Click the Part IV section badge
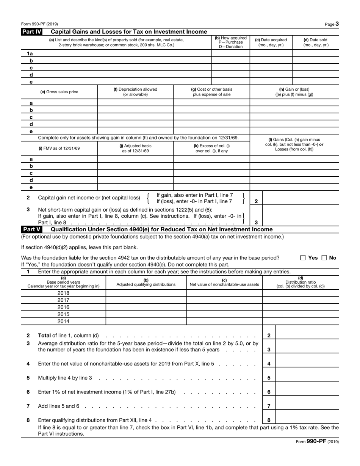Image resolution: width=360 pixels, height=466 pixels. coord(31,31)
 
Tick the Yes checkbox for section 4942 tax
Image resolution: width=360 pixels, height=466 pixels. coord(303,258)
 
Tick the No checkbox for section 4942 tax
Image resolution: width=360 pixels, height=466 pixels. coord(324,258)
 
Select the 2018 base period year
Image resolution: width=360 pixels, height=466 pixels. coord(63,293)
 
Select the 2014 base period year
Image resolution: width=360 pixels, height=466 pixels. coord(63,322)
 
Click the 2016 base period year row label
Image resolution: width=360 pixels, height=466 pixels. coord(63,308)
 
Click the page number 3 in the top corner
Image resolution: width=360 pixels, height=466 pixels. coord(337,24)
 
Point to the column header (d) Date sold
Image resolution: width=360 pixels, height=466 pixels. coord(315,42)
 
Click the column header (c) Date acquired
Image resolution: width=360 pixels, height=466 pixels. coord(271,42)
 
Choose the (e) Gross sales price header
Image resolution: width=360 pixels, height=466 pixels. coord(59,92)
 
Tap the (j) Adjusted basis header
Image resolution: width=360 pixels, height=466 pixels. coord(135,148)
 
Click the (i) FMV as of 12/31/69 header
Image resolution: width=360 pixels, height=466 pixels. coord(59,148)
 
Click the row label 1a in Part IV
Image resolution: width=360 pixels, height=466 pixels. coord(31,54)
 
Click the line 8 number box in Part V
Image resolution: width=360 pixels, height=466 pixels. coord(269,420)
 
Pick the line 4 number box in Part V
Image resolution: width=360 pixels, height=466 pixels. coord(269,364)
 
